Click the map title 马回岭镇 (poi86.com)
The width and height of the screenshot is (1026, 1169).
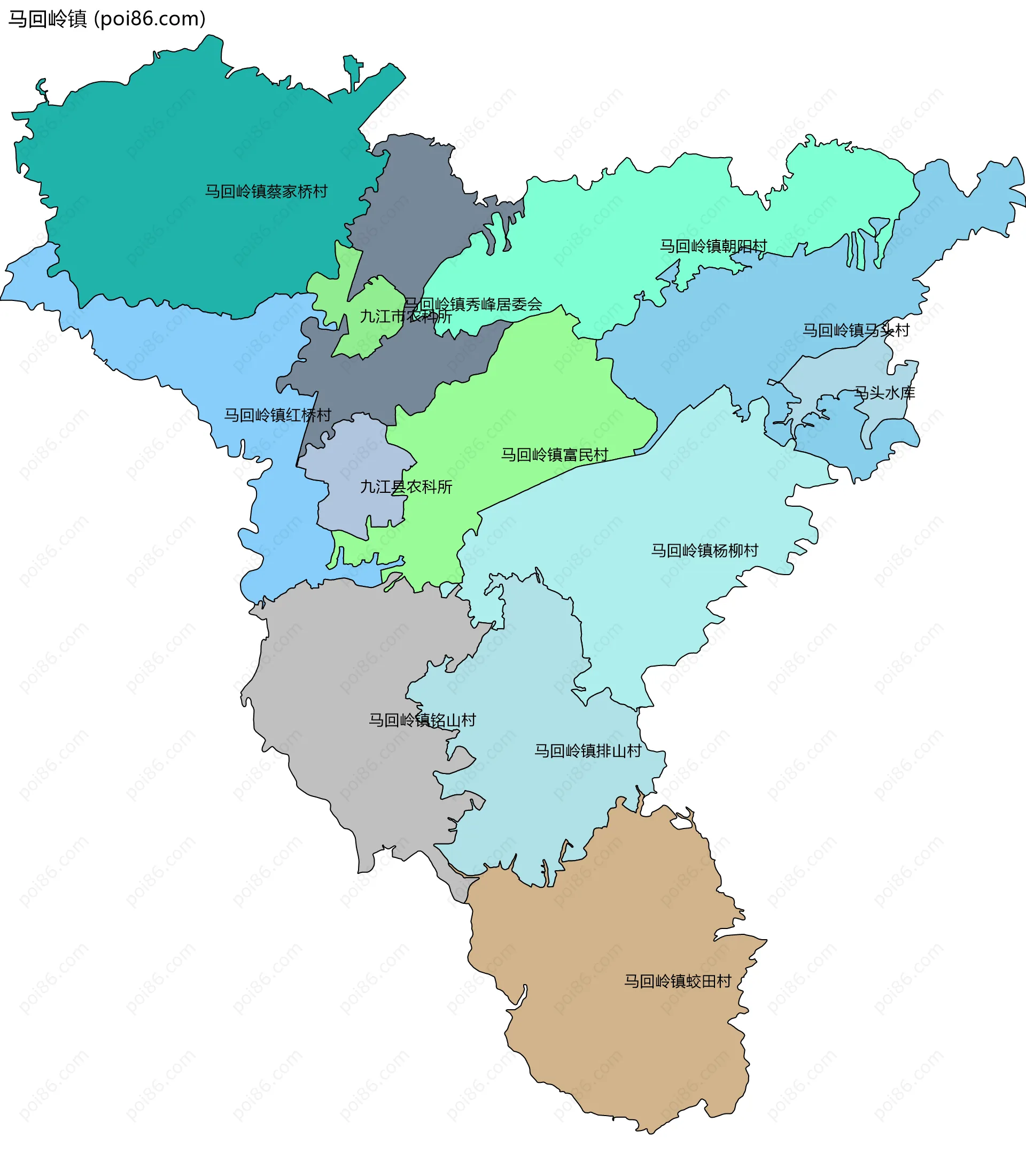tap(107, 19)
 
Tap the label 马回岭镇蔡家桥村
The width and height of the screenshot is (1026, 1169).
tap(267, 191)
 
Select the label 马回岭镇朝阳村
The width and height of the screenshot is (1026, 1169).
tap(713, 246)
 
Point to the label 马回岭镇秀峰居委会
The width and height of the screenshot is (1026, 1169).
tap(473, 304)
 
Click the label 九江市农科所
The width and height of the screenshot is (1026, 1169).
tap(406, 316)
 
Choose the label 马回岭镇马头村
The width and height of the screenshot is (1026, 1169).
tap(856, 330)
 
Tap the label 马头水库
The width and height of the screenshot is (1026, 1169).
tap(885, 393)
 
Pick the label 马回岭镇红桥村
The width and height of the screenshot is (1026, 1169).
tap(277, 415)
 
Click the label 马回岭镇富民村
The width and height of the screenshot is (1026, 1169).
tap(554, 455)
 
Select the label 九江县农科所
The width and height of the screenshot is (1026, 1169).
tap(406, 487)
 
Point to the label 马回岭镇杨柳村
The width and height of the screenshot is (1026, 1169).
tap(705, 550)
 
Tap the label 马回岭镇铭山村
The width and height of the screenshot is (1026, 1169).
tap(422, 720)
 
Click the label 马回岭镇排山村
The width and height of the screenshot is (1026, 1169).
tap(587, 751)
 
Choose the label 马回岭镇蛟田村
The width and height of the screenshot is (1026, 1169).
tap(678, 981)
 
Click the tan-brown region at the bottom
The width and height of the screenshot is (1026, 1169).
tap(618, 1058)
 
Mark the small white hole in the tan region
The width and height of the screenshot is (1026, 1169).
tap(681, 823)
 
